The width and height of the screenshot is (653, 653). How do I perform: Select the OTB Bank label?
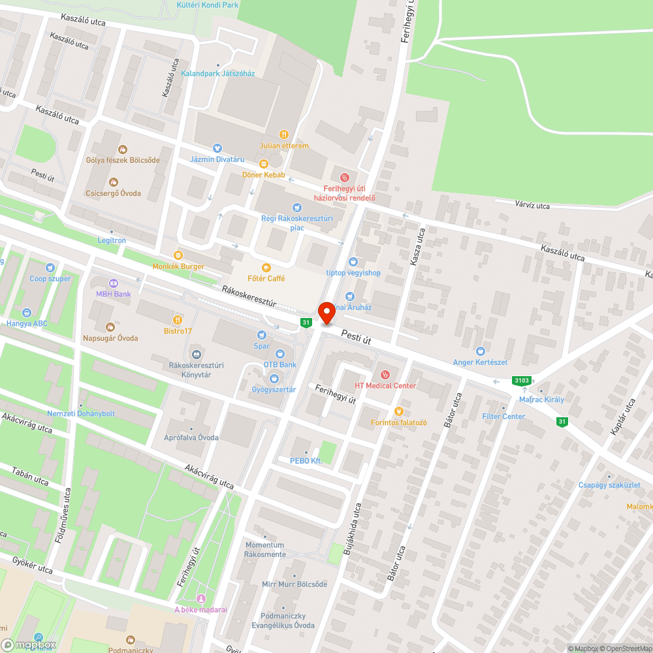pos(280,364)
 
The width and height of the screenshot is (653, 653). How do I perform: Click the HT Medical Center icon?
pos(385,375)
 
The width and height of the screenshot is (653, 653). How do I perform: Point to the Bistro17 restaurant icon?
pos(178,320)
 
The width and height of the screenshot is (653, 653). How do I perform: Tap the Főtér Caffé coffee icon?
pos(266,268)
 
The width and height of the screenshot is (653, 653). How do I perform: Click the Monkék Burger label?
pos(178,266)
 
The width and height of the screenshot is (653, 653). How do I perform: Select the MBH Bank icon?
pos(114,283)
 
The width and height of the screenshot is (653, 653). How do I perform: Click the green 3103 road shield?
pos(522,380)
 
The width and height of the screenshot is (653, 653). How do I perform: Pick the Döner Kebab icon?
pos(264,164)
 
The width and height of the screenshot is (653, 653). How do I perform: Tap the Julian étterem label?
pos(283,146)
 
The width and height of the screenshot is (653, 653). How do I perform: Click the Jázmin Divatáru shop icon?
pos(217,148)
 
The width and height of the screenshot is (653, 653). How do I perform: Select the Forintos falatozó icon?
pos(398,411)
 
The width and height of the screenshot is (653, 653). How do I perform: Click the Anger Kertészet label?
pos(480,362)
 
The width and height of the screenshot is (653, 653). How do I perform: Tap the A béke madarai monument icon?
pos(201,599)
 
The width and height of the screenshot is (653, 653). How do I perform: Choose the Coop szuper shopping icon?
pos(50,268)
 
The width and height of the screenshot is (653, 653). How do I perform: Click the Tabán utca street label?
pos(30,476)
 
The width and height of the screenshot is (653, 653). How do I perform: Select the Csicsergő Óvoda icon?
pos(114,182)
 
